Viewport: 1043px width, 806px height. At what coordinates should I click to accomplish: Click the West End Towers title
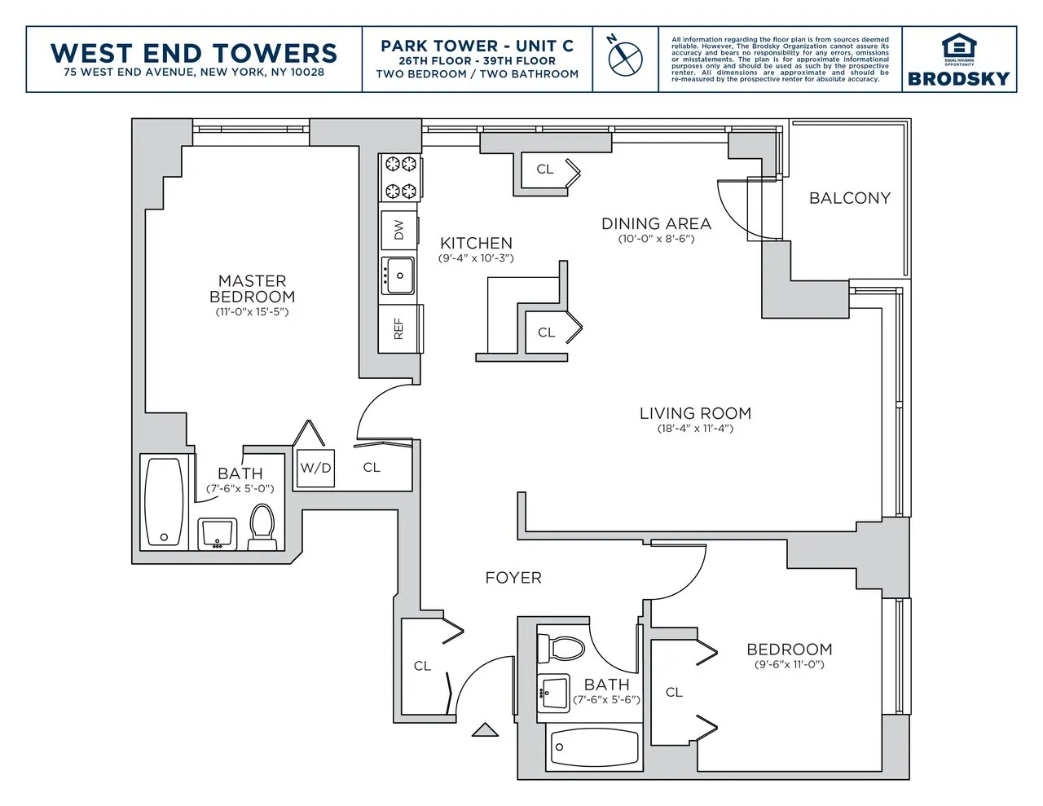click(x=194, y=53)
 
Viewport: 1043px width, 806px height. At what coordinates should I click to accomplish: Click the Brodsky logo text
click(x=959, y=78)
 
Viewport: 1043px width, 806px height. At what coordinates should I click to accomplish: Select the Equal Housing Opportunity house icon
click(x=959, y=46)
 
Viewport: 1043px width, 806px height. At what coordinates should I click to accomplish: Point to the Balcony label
click(x=849, y=198)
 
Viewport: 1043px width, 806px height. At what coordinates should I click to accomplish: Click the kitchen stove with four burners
click(x=400, y=178)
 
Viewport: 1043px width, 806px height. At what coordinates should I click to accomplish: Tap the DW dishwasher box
click(x=398, y=230)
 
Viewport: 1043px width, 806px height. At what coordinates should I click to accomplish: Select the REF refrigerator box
click(x=399, y=328)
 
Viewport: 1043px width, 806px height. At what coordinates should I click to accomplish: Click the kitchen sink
click(x=399, y=275)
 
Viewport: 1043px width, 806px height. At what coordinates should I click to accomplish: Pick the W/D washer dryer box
click(x=315, y=468)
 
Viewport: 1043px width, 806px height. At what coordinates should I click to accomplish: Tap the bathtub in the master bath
click(x=164, y=502)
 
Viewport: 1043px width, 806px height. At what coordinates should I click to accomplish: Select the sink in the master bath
click(x=218, y=534)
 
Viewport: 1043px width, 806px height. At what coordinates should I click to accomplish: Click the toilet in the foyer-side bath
click(x=563, y=648)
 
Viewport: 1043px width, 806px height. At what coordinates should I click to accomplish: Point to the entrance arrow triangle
click(x=485, y=729)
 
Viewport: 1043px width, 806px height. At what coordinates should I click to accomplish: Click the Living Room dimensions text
click(x=695, y=429)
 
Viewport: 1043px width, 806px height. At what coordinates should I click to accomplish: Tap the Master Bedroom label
click(x=252, y=288)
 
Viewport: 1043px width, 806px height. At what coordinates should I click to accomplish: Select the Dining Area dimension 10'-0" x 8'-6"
click(x=656, y=239)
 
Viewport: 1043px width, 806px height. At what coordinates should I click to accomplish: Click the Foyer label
click(x=513, y=578)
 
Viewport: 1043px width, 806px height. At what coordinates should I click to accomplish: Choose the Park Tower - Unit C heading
click(x=477, y=46)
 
